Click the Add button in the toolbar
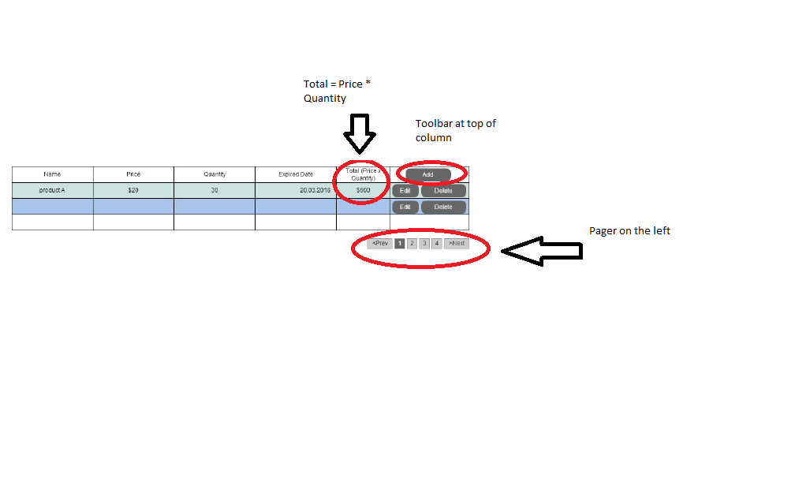(x=428, y=174)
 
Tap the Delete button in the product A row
(x=443, y=191)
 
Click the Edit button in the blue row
(x=405, y=207)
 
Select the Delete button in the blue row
(x=443, y=207)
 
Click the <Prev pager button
(x=380, y=244)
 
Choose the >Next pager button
(x=457, y=244)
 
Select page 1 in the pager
(x=400, y=244)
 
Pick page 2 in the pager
(x=412, y=244)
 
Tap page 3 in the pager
(x=424, y=244)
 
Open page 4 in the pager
(x=437, y=244)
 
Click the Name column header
(x=52, y=174)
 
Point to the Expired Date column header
(x=296, y=174)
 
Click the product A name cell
(x=52, y=190)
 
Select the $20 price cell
(x=133, y=190)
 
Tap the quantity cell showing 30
(x=215, y=190)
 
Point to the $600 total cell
(x=363, y=190)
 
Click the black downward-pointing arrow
(x=360, y=133)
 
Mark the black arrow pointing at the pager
(x=542, y=251)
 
